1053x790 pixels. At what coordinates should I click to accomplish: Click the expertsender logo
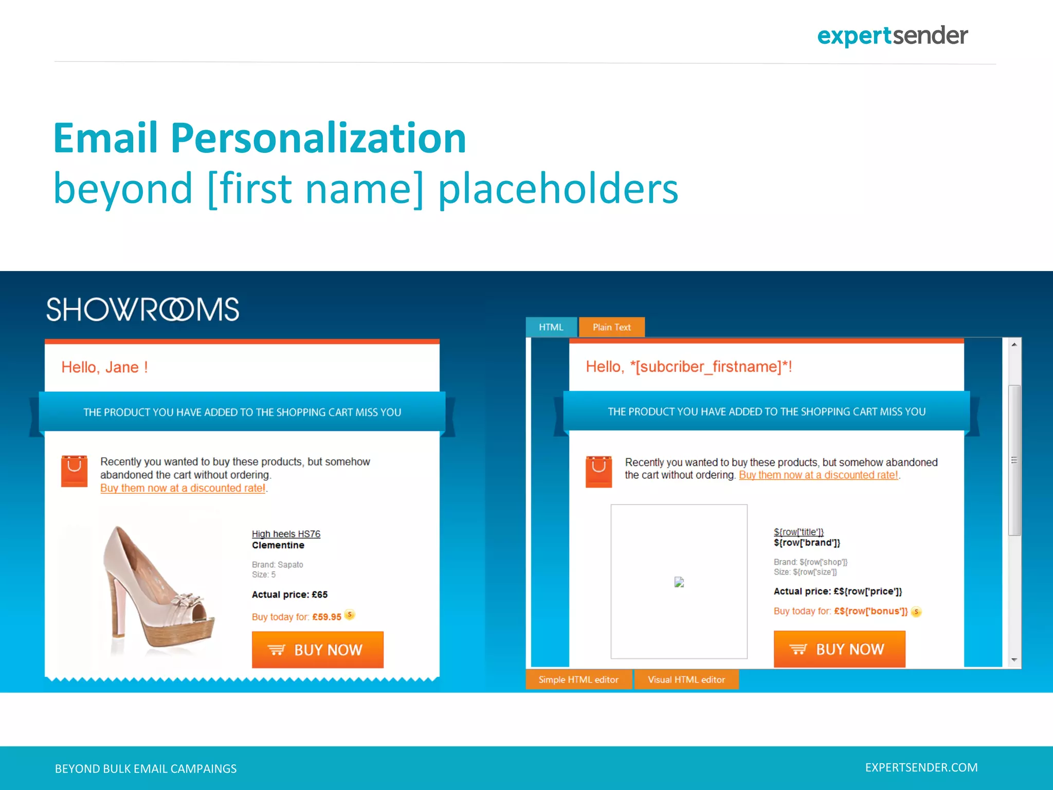892,36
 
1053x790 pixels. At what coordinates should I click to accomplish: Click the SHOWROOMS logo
142,310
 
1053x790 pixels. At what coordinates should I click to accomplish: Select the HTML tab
551,327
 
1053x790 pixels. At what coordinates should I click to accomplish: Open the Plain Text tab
611,327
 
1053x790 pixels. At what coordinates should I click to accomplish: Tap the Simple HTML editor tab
578,679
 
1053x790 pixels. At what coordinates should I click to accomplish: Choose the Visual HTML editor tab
686,679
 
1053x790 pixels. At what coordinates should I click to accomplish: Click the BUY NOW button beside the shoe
317,650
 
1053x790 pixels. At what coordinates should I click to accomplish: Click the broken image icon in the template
679,582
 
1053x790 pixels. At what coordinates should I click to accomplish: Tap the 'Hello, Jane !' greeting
104,367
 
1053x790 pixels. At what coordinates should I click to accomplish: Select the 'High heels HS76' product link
286,534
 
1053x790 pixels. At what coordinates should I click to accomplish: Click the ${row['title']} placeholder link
798,532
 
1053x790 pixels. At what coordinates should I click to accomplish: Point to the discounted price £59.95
326,617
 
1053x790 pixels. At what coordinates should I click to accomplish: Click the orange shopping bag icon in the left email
74,471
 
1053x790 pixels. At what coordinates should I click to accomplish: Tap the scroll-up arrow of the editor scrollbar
1014,345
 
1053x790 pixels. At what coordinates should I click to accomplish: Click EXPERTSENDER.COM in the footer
921,767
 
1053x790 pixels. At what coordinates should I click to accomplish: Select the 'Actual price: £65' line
289,595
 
